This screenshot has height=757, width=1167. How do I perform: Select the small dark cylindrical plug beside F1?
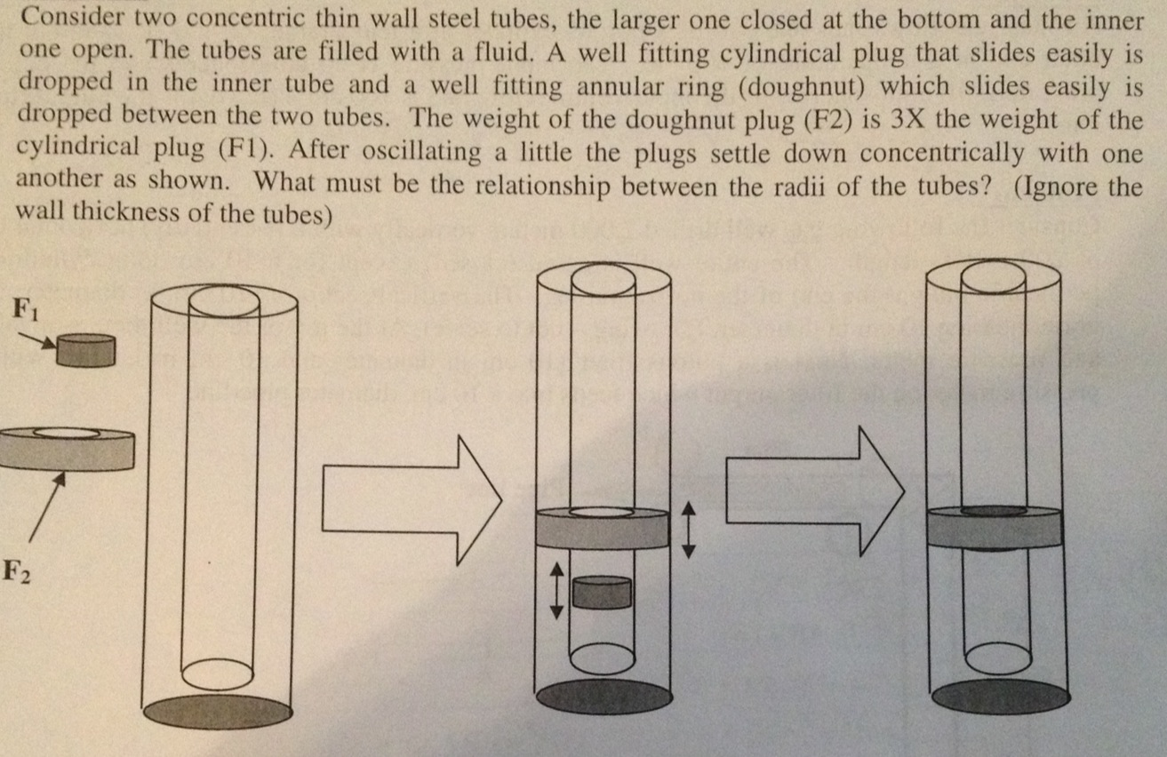coord(85,351)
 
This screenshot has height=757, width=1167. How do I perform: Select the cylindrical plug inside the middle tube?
coord(602,592)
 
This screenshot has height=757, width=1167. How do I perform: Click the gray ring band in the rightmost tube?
coord(995,530)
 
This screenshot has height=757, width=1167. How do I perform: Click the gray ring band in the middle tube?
coord(603,530)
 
